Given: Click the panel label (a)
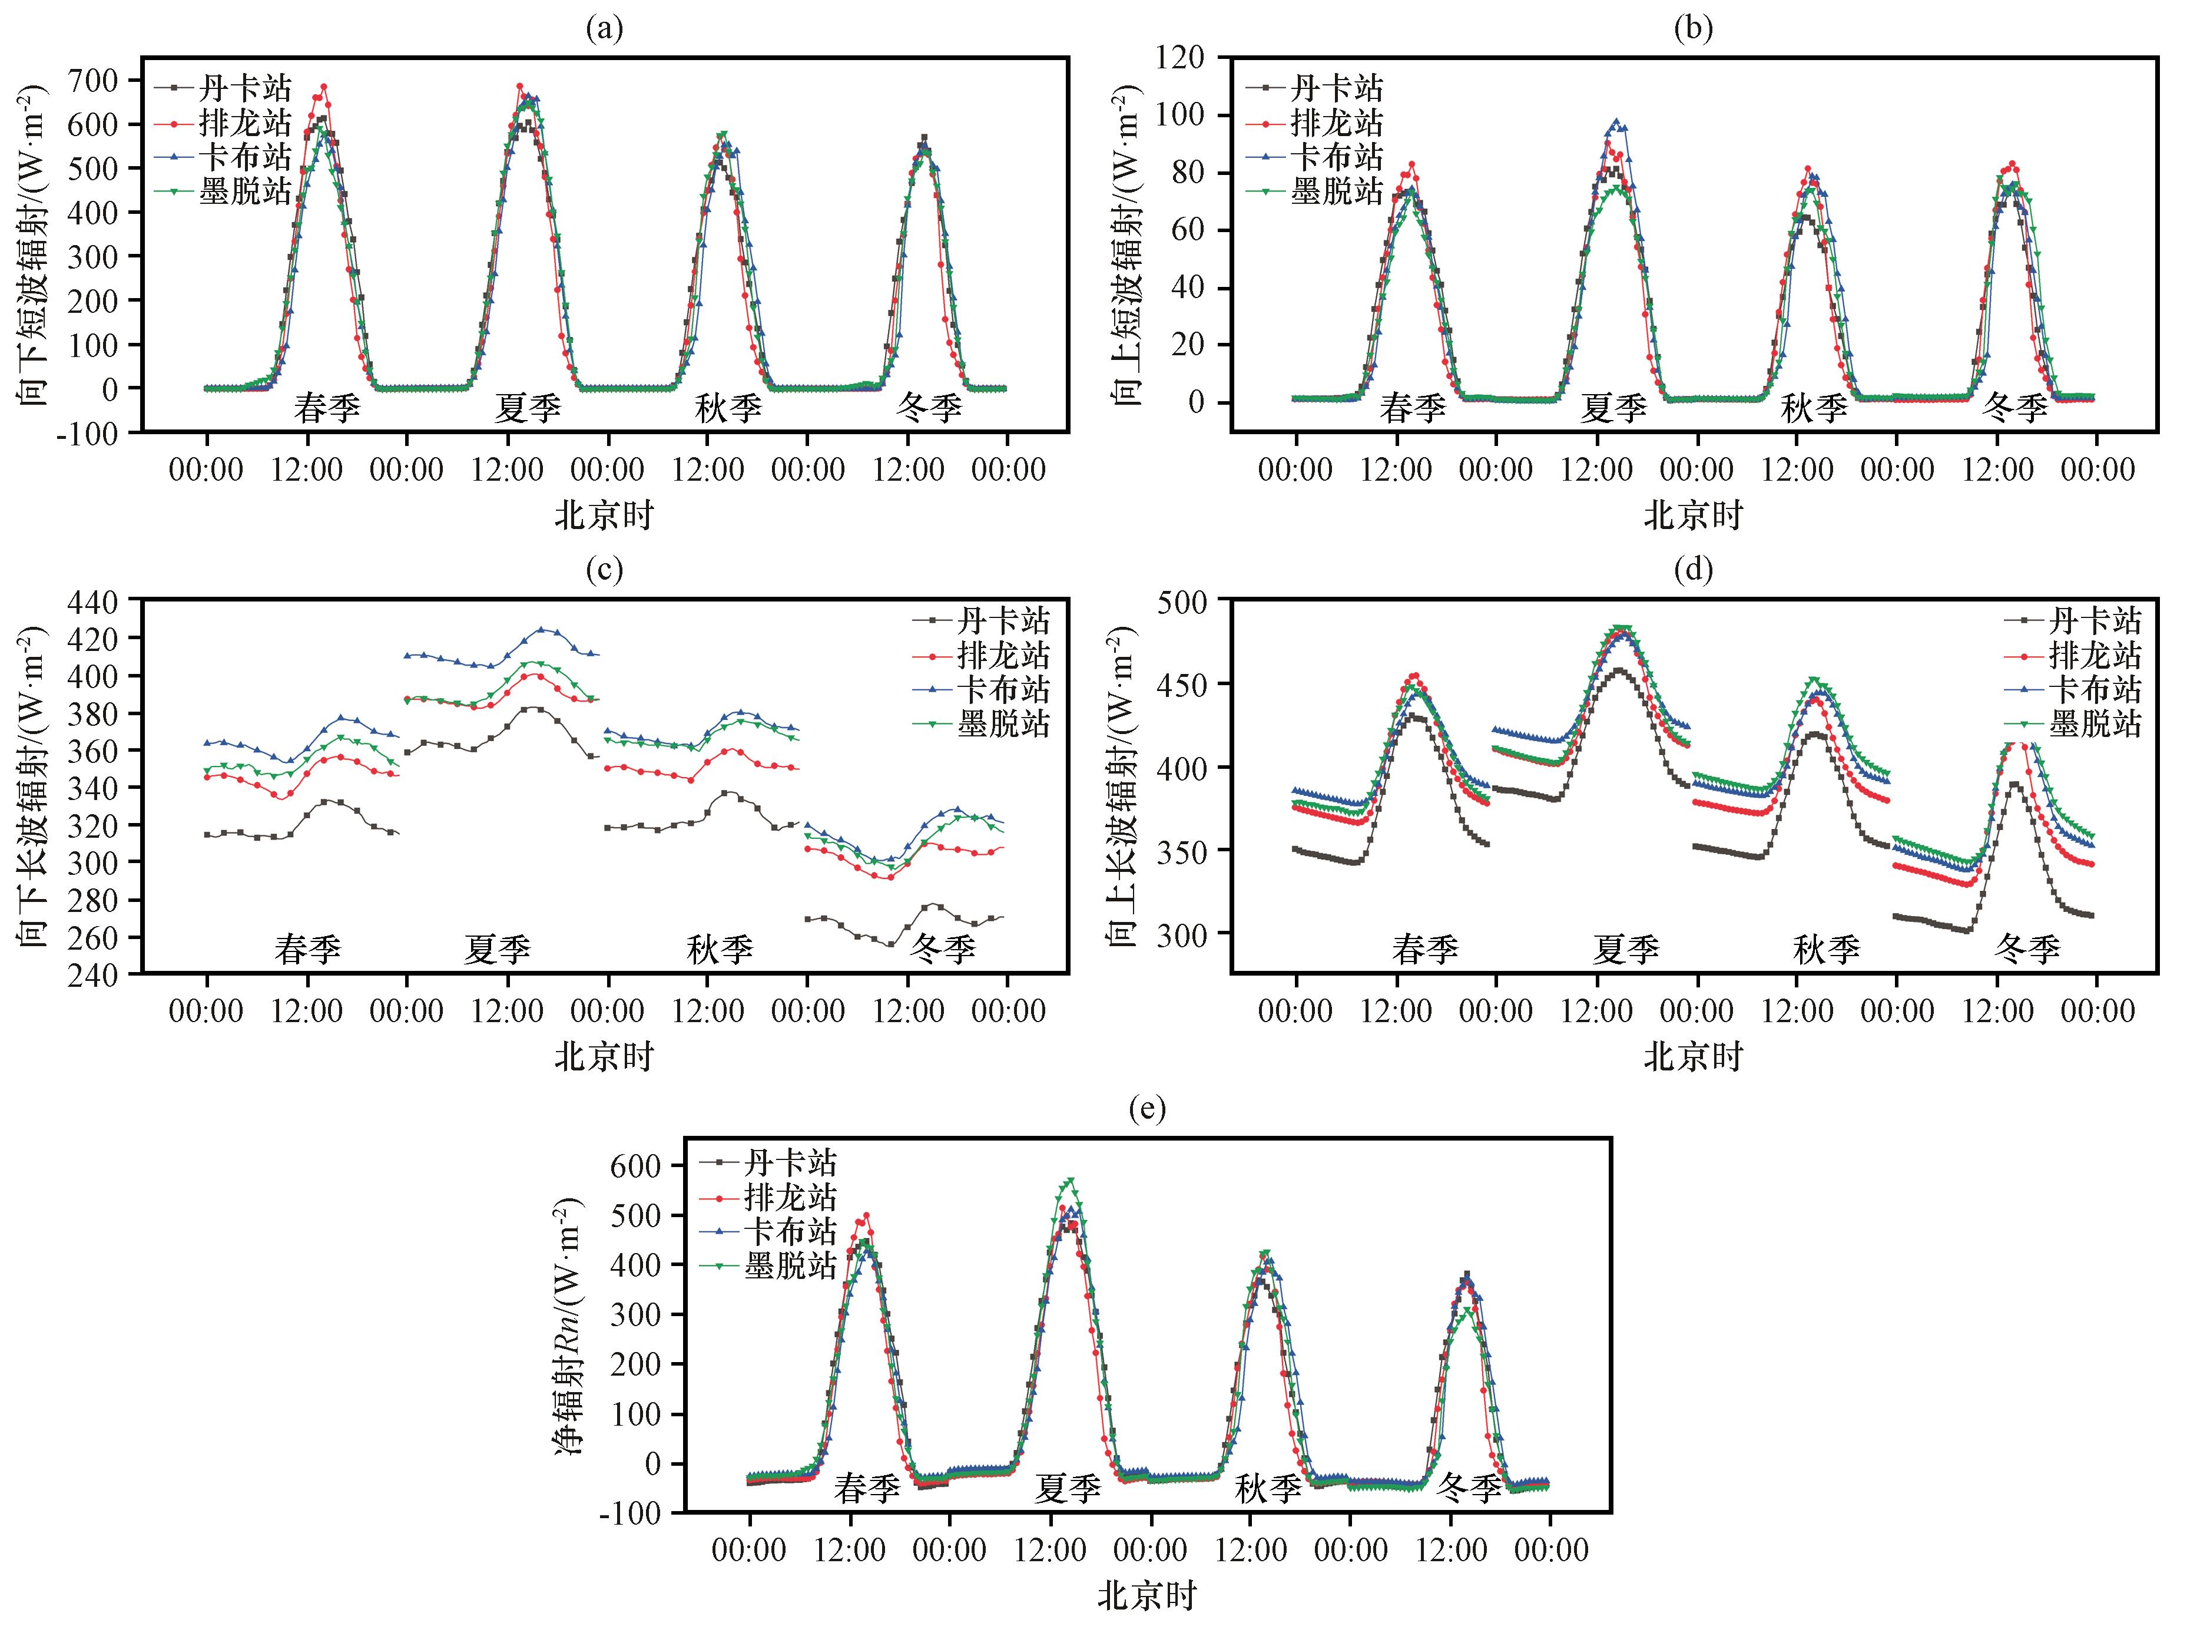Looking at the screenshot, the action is tap(604, 29).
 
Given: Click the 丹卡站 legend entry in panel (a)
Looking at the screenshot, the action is tap(223, 88).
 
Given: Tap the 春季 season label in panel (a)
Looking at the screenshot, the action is tap(327, 408).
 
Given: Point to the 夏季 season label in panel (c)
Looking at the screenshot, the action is tap(498, 949).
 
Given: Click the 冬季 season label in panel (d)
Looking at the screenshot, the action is tap(2027, 949).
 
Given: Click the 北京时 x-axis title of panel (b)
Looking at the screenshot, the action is tap(1693, 515).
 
